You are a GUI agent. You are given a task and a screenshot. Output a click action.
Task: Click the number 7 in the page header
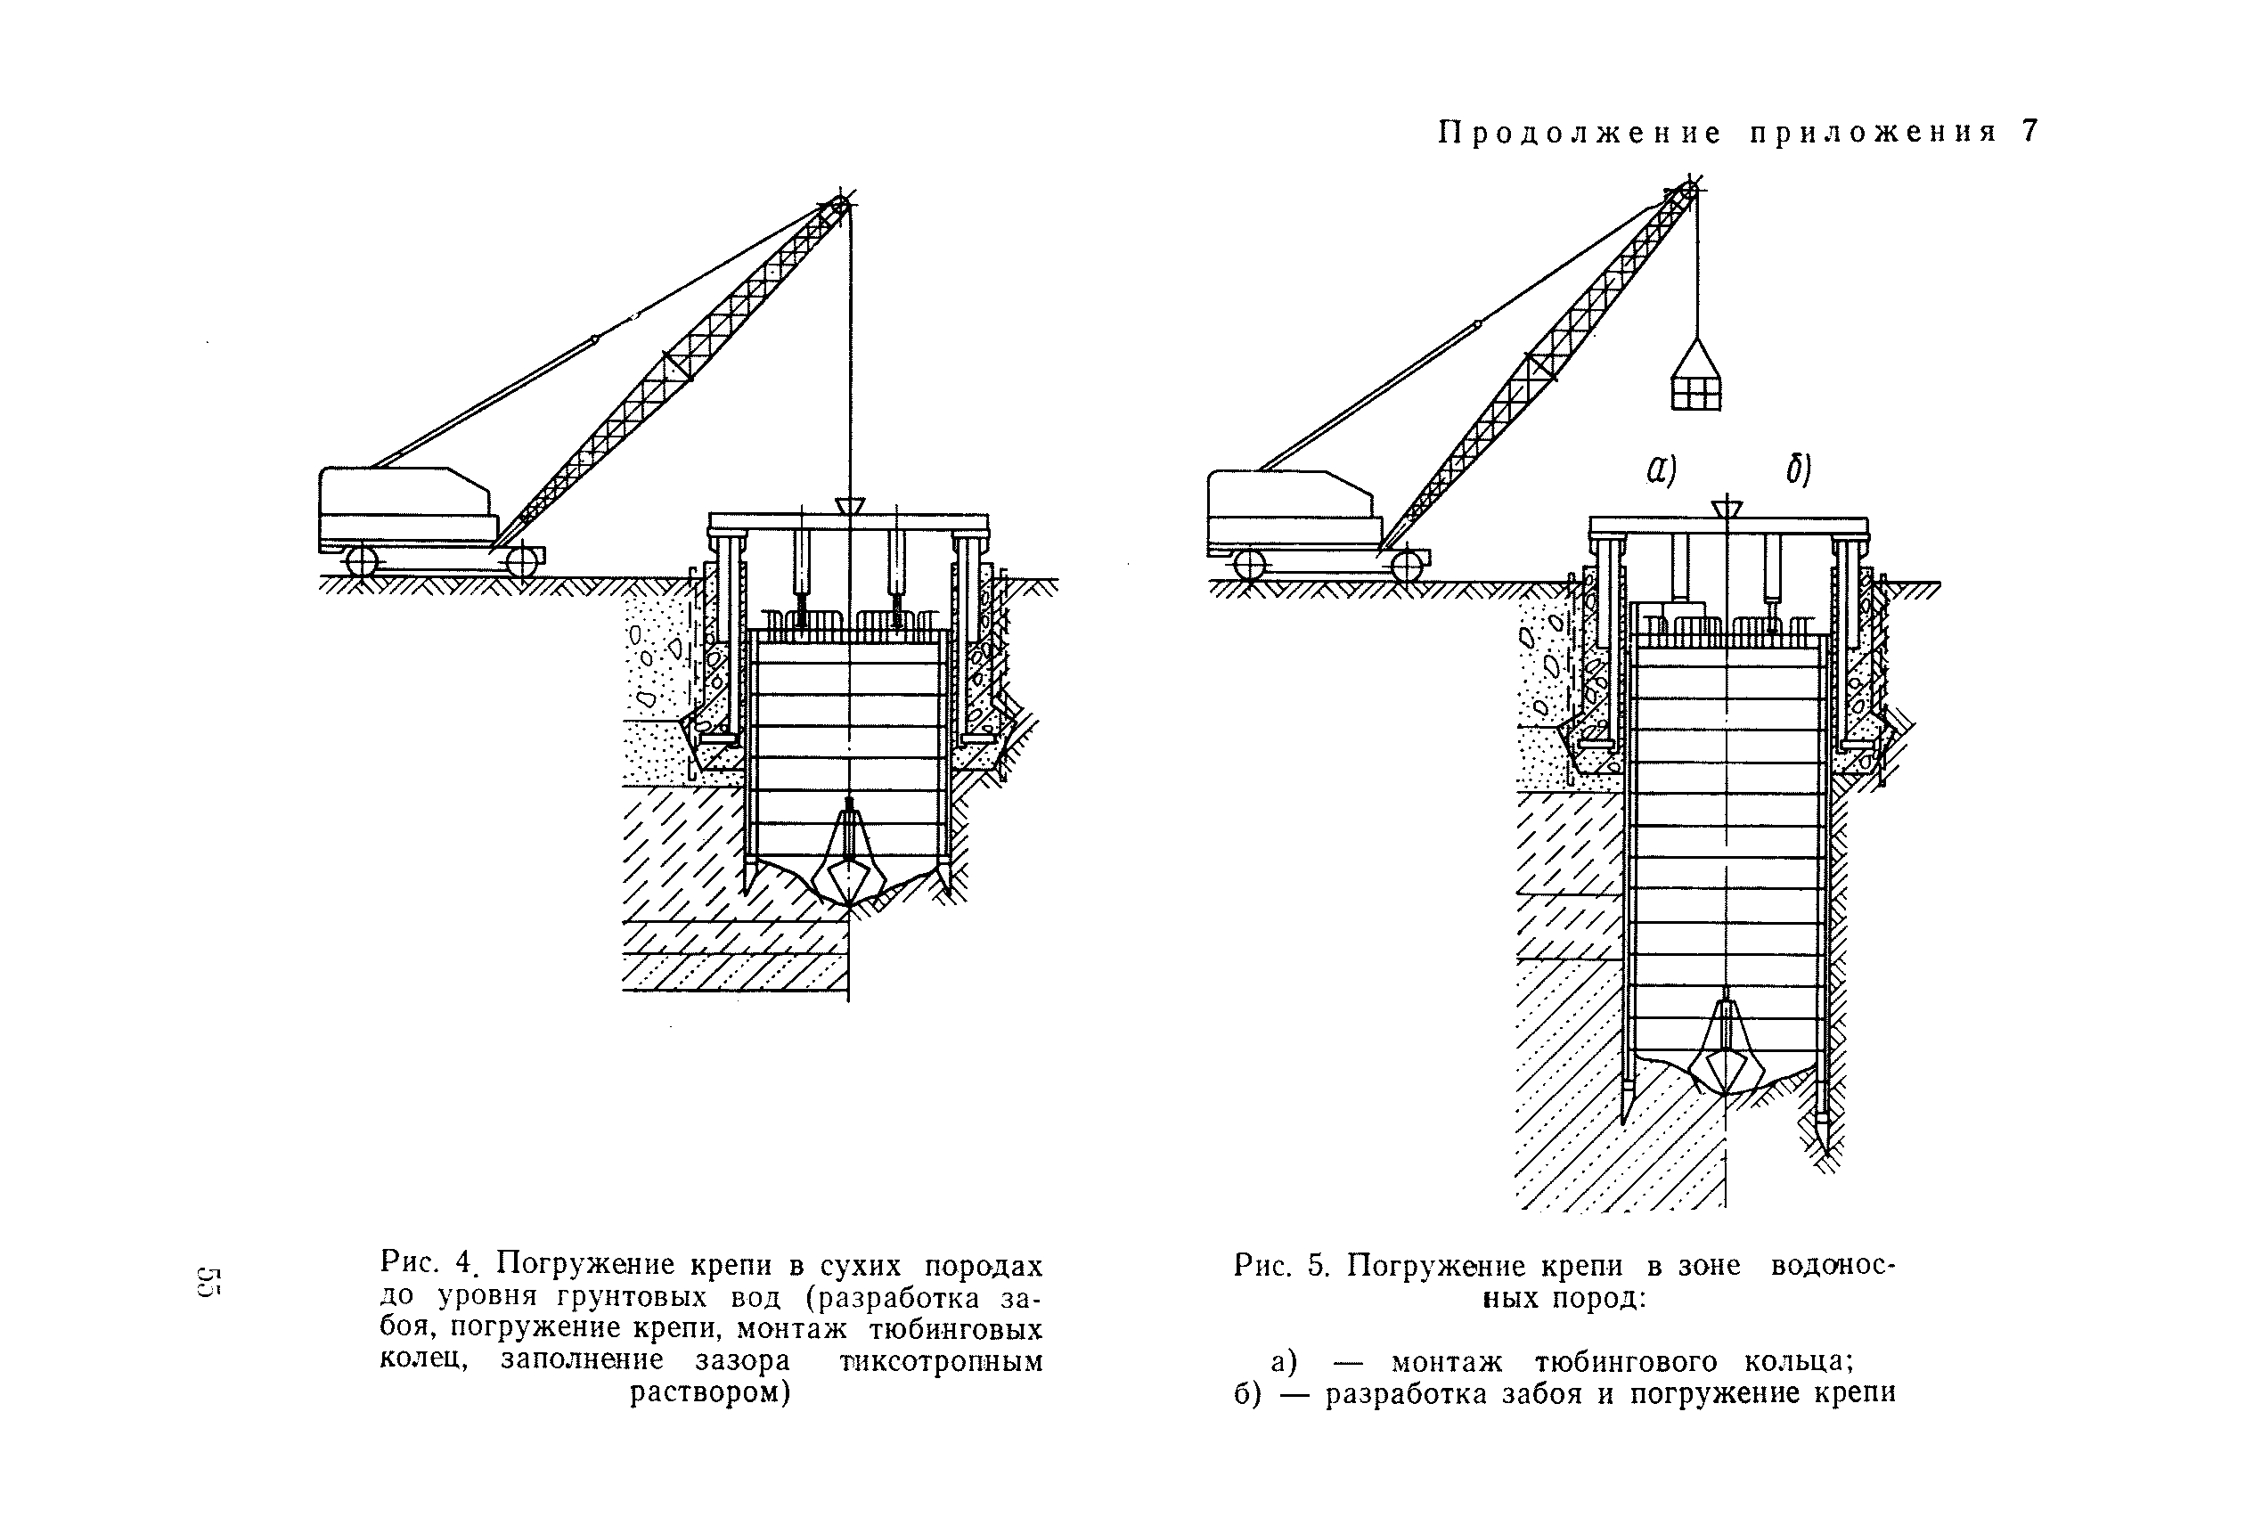tap(2029, 131)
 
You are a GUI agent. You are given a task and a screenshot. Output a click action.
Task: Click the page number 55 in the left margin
tap(209, 1282)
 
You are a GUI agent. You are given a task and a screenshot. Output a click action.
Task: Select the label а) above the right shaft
tap(1661, 470)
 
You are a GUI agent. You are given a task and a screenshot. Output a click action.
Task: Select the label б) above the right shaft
tap(1797, 470)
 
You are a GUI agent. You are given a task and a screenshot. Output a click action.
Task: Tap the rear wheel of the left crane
tap(361, 561)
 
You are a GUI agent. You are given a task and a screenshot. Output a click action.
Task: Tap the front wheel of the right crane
tap(1407, 566)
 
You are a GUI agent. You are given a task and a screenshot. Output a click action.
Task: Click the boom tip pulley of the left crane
tap(836, 207)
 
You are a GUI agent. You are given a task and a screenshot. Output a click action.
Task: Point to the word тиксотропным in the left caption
tap(941, 1359)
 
